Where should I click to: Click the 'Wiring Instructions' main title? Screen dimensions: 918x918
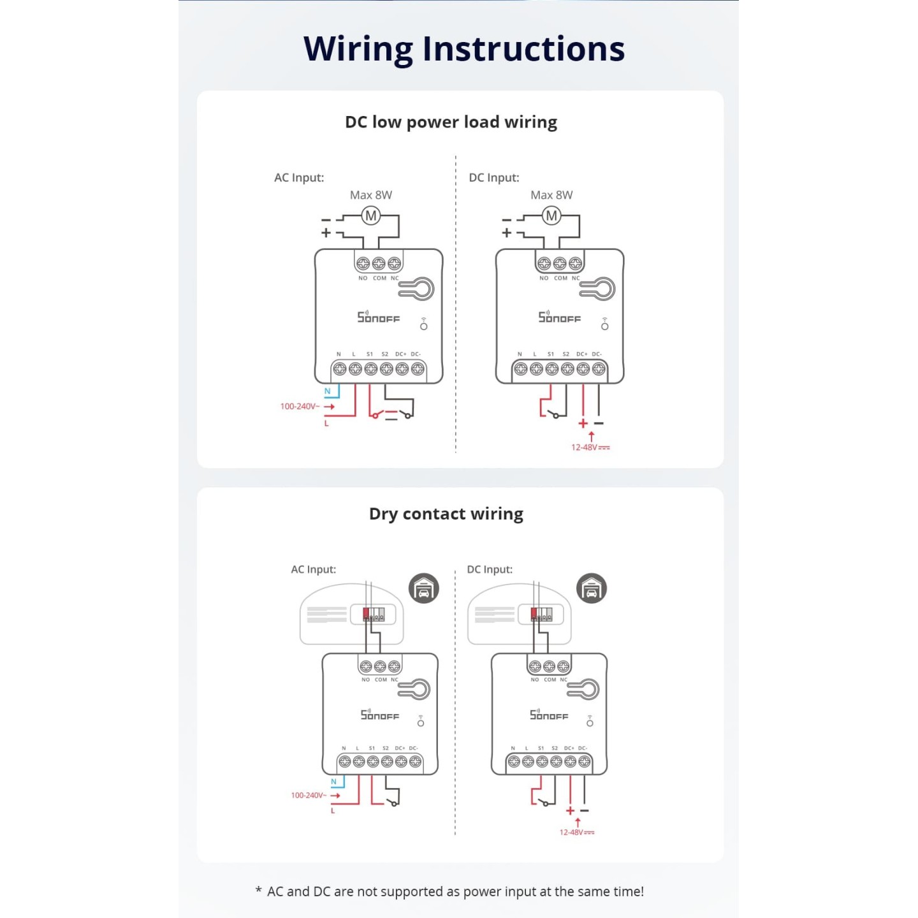[463, 49]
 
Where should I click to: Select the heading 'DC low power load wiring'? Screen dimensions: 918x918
[451, 122]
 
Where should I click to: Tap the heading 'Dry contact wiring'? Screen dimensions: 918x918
[446, 514]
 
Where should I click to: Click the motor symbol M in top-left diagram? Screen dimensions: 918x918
[371, 216]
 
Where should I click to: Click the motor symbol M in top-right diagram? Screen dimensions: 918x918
[551, 216]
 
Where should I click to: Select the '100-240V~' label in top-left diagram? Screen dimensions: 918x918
[300, 406]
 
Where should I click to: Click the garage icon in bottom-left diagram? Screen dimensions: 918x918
[423, 588]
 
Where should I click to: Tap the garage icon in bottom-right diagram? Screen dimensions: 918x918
[592, 588]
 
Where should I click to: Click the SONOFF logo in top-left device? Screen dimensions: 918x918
[378, 317]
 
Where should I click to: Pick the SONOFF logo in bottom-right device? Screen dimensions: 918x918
[548, 715]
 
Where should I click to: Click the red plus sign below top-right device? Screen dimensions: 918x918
[583, 423]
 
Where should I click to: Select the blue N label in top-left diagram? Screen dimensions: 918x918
[328, 391]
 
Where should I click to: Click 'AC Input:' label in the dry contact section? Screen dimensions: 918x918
[313, 569]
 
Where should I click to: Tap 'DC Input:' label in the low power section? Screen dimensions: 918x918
[493, 178]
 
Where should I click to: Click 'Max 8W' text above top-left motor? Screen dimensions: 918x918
[370, 195]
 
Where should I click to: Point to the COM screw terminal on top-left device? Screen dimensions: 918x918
[379, 263]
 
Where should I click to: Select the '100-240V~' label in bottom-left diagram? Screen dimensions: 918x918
[309, 795]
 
